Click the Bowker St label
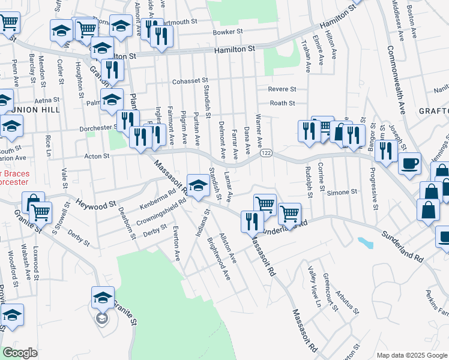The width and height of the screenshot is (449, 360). (228, 32)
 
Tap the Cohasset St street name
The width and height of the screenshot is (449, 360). (189, 80)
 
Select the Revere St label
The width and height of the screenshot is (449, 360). (282, 89)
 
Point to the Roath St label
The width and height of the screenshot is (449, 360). (282, 103)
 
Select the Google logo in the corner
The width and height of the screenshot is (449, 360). (20, 353)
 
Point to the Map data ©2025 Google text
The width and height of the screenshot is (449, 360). (411, 355)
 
